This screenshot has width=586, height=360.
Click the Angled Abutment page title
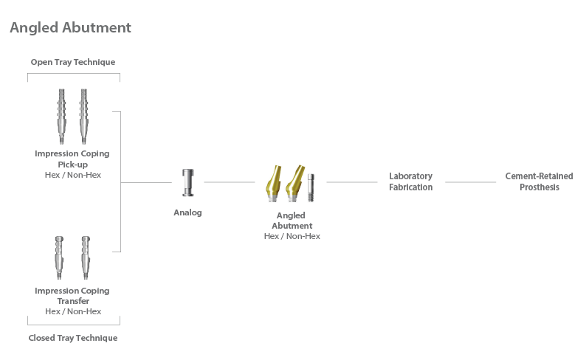70,27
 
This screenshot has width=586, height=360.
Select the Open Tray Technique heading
73,62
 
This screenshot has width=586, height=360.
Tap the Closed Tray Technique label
73,338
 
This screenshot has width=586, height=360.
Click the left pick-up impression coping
62,117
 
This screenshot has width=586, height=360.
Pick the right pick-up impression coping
83,117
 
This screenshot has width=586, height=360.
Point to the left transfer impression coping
59,257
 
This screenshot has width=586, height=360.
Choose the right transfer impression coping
86,257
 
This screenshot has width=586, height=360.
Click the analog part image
188,183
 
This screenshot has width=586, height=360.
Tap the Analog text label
187,212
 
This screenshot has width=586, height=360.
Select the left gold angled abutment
274,184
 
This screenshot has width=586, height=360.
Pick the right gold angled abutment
295,184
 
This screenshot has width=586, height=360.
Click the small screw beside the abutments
311,187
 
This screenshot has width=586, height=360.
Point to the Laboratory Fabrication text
411,181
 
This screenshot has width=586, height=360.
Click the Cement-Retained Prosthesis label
539,181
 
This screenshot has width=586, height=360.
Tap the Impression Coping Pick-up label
72,159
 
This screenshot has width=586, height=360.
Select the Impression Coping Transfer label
72,296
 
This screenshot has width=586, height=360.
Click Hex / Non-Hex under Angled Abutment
292,236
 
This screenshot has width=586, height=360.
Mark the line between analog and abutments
230,182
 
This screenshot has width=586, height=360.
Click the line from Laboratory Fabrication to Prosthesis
471,182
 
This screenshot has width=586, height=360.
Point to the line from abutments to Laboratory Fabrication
352,182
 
